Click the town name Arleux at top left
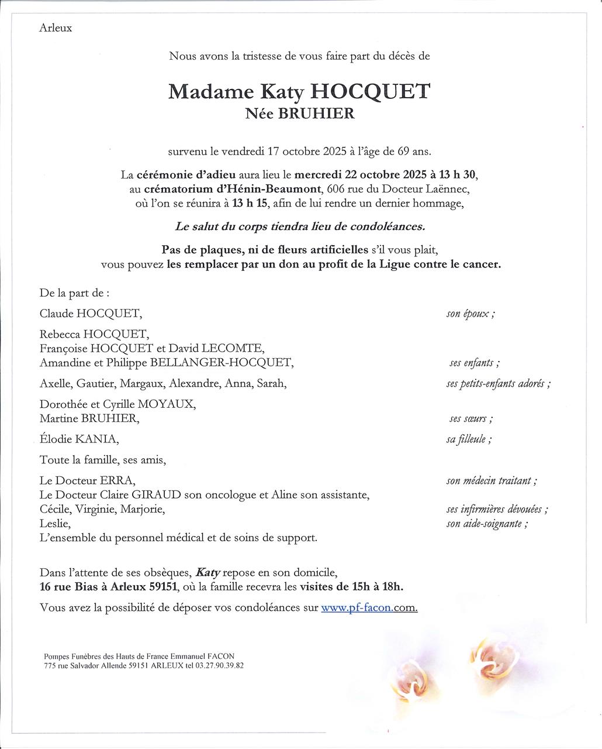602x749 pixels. coord(56,28)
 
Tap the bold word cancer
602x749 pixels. coord(481,264)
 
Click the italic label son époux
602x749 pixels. coord(470,314)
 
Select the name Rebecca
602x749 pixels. coord(60,334)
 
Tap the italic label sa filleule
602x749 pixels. coord(468,439)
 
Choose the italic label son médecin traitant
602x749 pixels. coord(491,481)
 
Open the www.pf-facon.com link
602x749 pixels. coord(369,607)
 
